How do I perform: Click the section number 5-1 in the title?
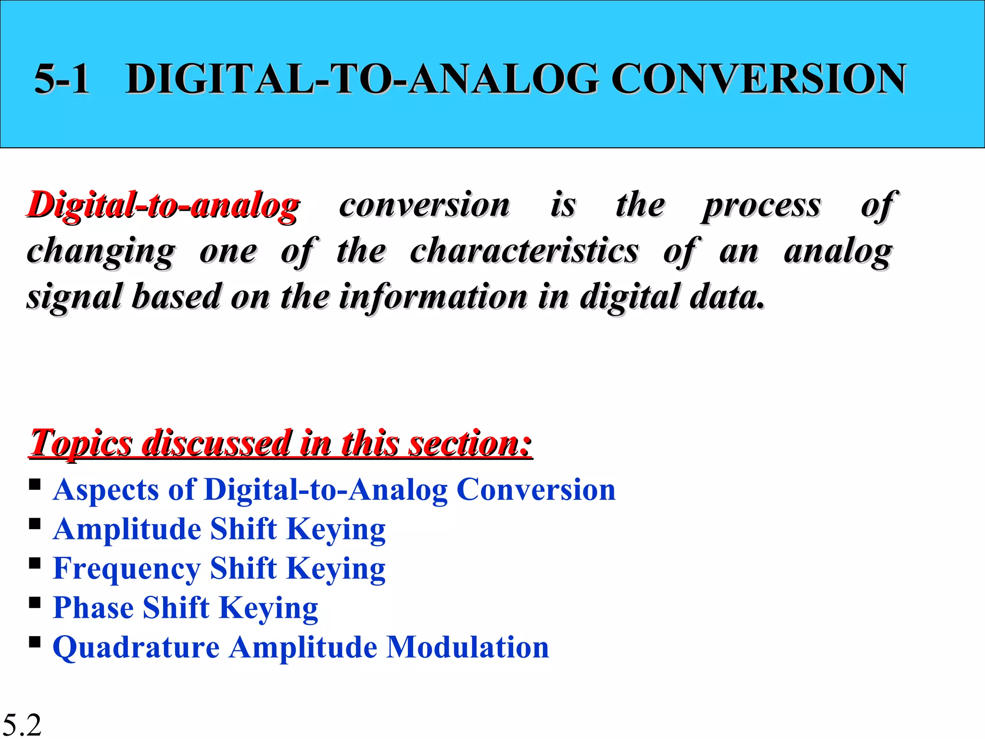coord(62,79)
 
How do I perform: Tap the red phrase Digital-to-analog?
coord(163,206)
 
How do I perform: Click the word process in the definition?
coord(761,206)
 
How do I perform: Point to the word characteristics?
coord(524,251)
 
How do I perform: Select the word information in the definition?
coord(433,296)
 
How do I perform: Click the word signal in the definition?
coord(75,297)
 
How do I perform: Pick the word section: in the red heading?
coord(470,443)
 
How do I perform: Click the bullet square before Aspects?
coord(35,484)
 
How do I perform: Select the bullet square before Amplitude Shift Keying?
coord(35,523)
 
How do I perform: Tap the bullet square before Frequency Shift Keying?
coord(35,562)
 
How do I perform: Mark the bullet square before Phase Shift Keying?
coord(35,602)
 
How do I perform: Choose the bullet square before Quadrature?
coord(35,641)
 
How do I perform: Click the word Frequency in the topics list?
coord(126,569)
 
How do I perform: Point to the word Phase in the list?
coord(93,608)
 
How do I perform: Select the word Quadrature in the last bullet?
coord(136,648)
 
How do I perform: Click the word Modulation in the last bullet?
coord(467,647)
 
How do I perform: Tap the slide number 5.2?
coord(22,725)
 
